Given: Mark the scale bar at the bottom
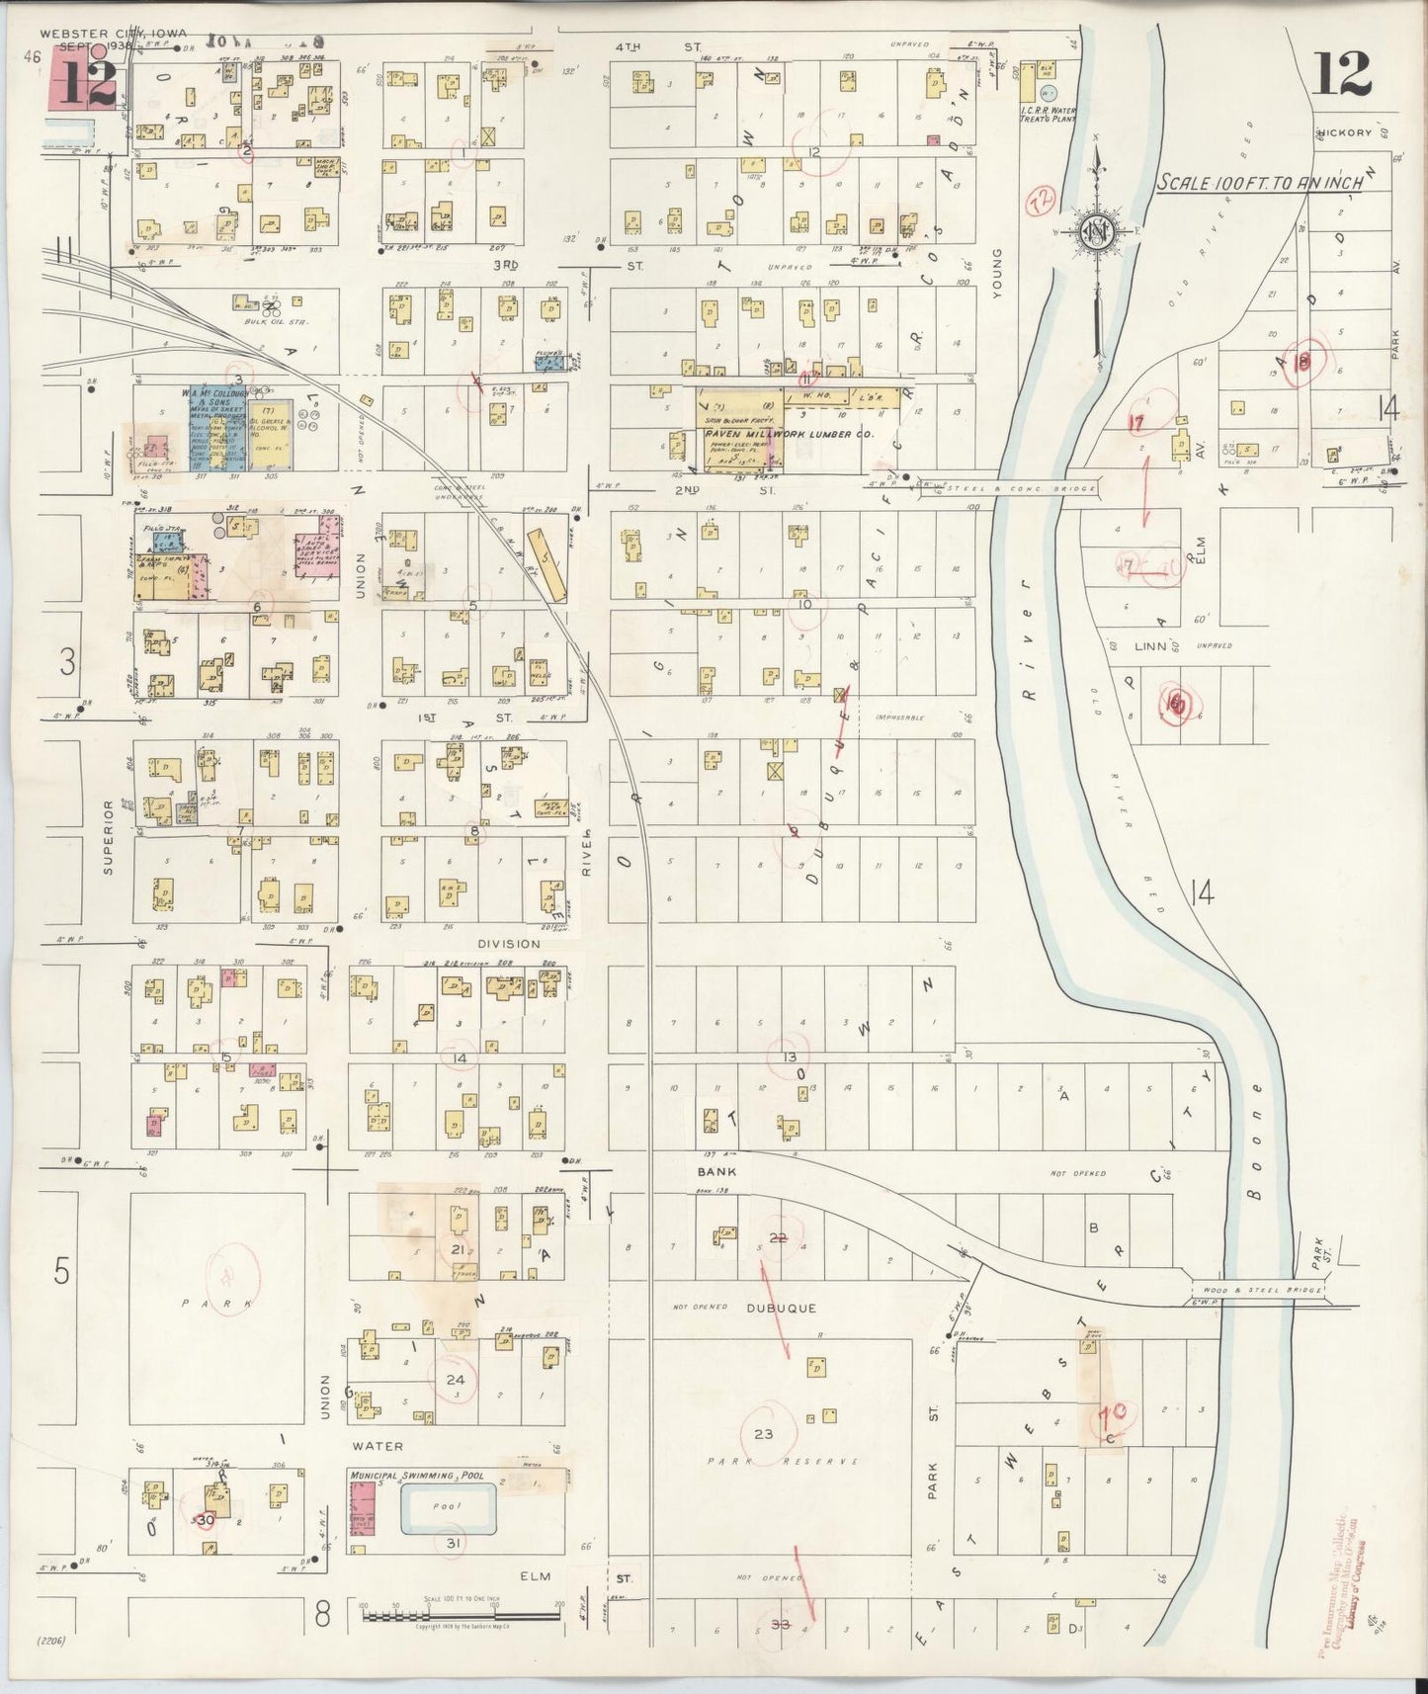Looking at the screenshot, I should click(462, 1617).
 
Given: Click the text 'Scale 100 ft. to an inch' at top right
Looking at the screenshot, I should click(1262, 182).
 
